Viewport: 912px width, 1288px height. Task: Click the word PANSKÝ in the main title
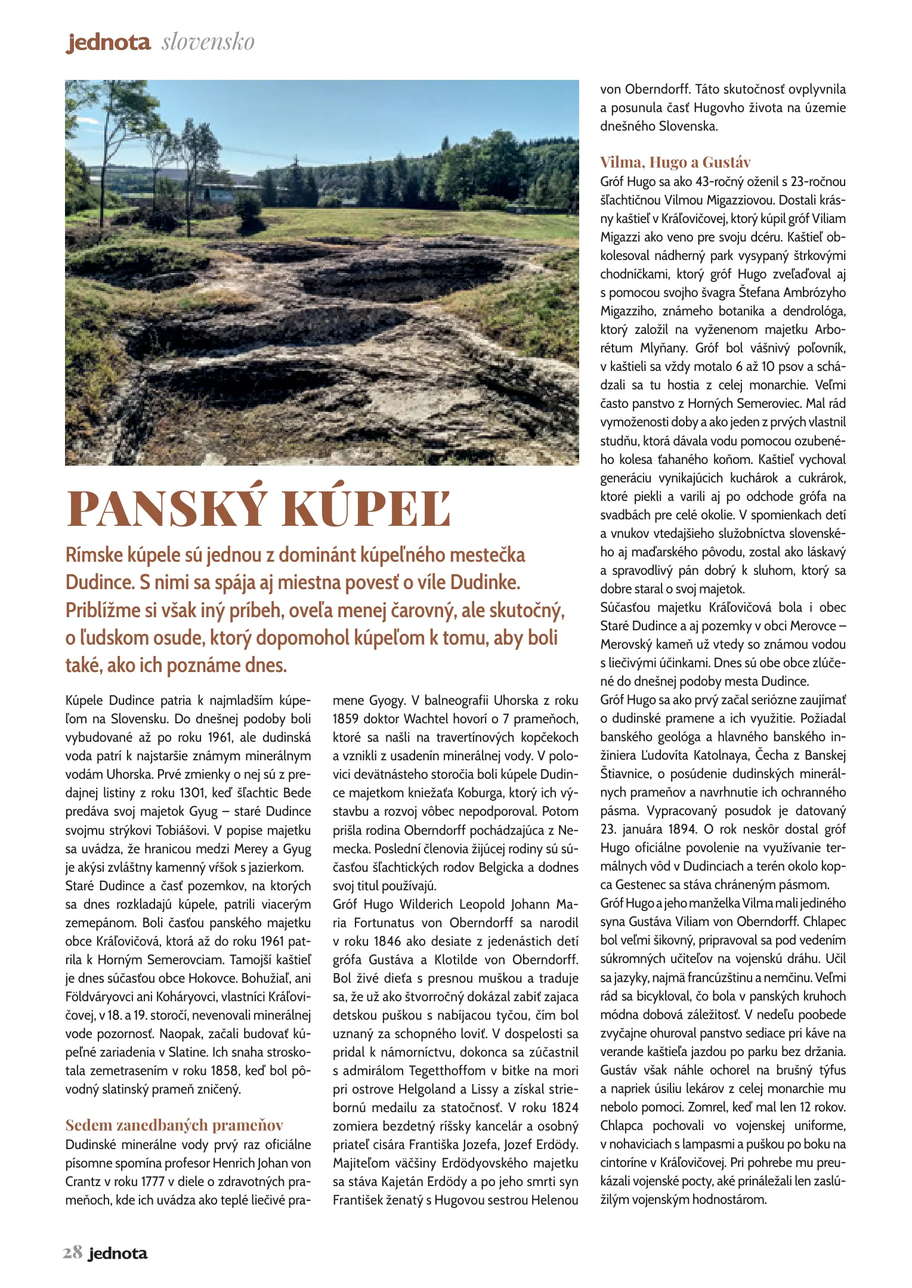[x=167, y=509]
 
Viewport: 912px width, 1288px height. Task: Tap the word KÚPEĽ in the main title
[x=366, y=509]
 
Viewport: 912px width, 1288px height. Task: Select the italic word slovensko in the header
[x=208, y=42]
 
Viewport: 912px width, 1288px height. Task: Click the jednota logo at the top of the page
[x=108, y=42]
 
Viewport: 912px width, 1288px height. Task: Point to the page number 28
[x=72, y=1253]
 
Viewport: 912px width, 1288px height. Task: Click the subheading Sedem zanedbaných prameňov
[x=174, y=1125]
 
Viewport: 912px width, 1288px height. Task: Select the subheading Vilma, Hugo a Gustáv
[x=675, y=162]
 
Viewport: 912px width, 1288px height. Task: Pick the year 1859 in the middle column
[x=346, y=719]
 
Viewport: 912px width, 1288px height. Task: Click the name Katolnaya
[x=721, y=755]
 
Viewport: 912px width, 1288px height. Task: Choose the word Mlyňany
[x=663, y=348]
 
